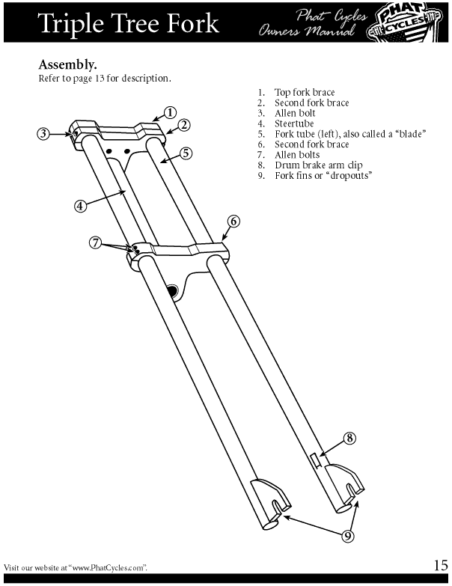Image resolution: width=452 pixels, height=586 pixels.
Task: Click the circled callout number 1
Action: [171, 112]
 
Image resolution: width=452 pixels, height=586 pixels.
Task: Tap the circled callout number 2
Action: [183, 125]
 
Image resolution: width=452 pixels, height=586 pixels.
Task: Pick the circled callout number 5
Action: [186, 153]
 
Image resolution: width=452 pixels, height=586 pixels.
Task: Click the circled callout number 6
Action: [233, 221]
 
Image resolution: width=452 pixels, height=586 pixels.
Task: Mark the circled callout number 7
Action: [95, 242]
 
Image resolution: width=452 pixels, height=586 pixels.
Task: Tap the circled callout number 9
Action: [349, 535]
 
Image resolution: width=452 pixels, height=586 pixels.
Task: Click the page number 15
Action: [439, 564]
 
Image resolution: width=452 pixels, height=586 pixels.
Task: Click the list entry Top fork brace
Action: [302, 93]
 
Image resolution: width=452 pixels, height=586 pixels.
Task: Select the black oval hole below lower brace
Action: [172, 289]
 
